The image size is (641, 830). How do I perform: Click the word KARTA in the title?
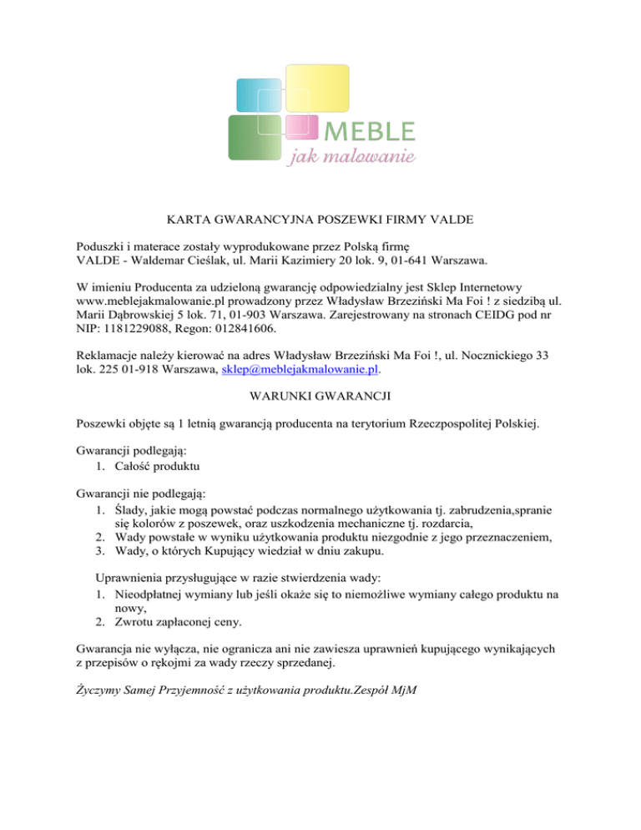pyautogui.click(x=183, y=220)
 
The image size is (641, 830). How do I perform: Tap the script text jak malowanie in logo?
pyautogui.click(x=351, y=158)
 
